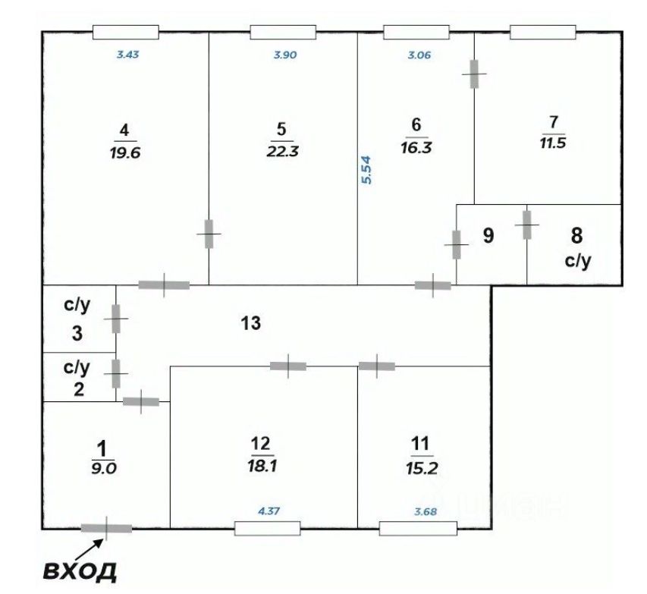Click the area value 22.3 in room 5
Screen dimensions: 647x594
(282, 150)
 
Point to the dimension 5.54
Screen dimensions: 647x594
(366, 171)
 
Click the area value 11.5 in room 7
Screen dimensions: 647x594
(552, 143)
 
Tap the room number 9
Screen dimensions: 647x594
(488, 236)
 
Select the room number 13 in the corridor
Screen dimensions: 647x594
(251, 323)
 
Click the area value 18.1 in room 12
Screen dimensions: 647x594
(260, 467)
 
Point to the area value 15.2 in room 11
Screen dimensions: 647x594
(421, 467)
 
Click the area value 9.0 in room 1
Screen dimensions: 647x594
(102, 468)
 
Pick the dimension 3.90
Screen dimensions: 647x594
(284, 54)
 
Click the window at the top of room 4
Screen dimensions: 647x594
(125, 32)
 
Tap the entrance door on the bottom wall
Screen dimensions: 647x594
(106, 527)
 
